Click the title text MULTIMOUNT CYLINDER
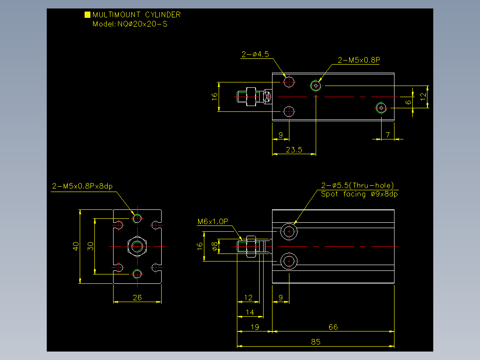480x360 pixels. click(137, 15)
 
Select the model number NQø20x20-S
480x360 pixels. click(142, 24)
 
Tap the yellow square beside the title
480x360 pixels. click(87, 14)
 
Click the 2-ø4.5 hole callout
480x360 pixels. click(255, 54)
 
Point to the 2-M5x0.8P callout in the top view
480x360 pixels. click(359, 60)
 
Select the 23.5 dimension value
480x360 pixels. click(294, 150)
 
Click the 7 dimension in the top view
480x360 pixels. click(388, 135)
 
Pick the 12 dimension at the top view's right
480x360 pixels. click(423, 97)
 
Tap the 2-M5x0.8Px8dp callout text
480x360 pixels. click(82, 186)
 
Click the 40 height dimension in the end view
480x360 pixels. click(76, 246)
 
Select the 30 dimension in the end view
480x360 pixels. click(90, 246)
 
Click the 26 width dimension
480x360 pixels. click(137, 298)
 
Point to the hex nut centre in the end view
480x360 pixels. click(137, 246)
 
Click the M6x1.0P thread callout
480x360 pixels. click(213, 221)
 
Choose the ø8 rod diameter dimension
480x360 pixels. click(215, 246)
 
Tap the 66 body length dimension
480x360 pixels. click(333, 327)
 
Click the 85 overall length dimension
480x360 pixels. click(316, 342)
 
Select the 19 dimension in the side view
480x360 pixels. click(255, 327)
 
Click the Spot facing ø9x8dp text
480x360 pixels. click(359, 194)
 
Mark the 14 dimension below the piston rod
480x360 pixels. click(250, 312)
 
